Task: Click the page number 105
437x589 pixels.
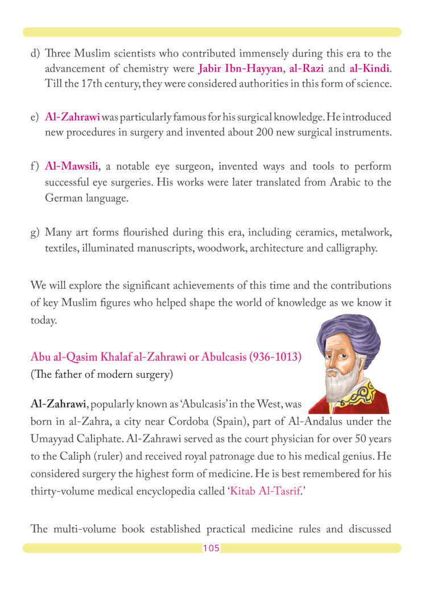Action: click(211, 549)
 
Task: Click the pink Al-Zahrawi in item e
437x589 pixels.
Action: click(72, 118)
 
